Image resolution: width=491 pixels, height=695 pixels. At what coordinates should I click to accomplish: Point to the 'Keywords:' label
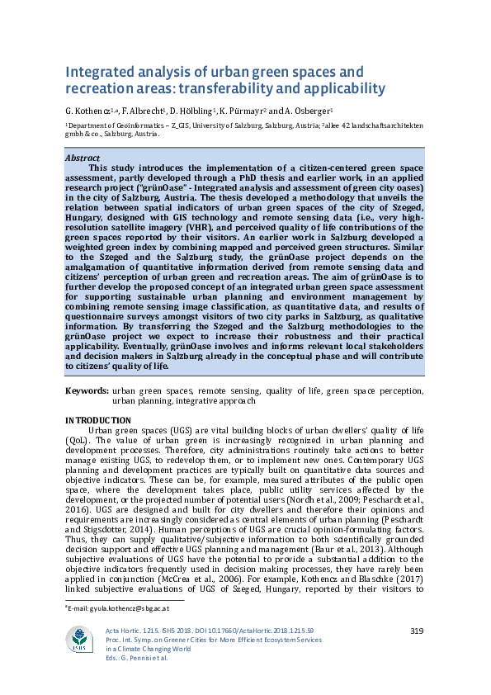[x=87, y=390]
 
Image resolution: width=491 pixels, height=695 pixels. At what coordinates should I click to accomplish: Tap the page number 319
[x=417, y=631]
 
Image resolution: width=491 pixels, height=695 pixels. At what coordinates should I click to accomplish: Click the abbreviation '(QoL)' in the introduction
[x=79, y=441]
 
